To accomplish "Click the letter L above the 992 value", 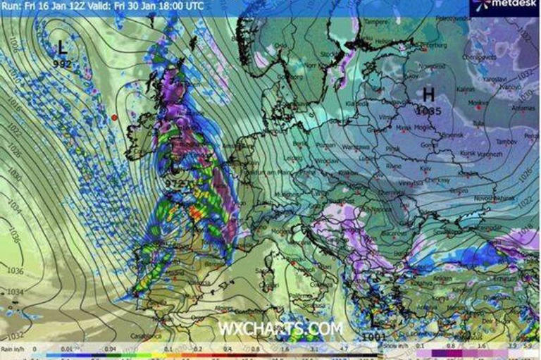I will (x=62, y=48).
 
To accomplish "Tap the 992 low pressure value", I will (x=62, y=63).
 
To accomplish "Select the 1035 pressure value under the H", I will (x=428, y=111).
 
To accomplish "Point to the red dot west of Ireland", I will (x=114, y=117).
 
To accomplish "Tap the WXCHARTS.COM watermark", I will (x=280, y=328).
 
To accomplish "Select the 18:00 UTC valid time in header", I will (x=179, y=6).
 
